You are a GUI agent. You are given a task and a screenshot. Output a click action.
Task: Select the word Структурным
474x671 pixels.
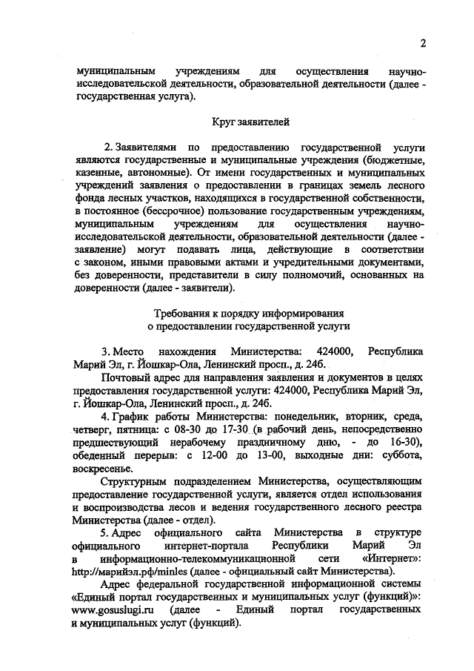tap(131, 484)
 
